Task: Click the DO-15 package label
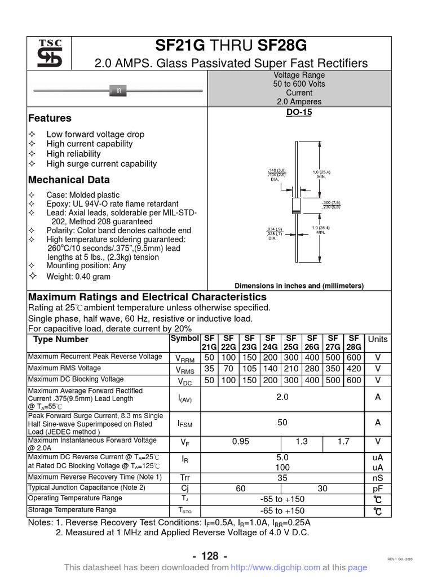coord(299,112)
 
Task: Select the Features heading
coord(50,118)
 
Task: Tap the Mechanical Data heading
coord(69,180)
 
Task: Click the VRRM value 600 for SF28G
coord(354,358)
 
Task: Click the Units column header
coord(378,339)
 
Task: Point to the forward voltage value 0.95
coord(240,442)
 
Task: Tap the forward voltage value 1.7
coord(343,442)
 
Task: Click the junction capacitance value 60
coord(240,489)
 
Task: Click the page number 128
coord(210,556)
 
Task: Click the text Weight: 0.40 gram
coord(78,277)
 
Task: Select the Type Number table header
coord(61,339)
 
